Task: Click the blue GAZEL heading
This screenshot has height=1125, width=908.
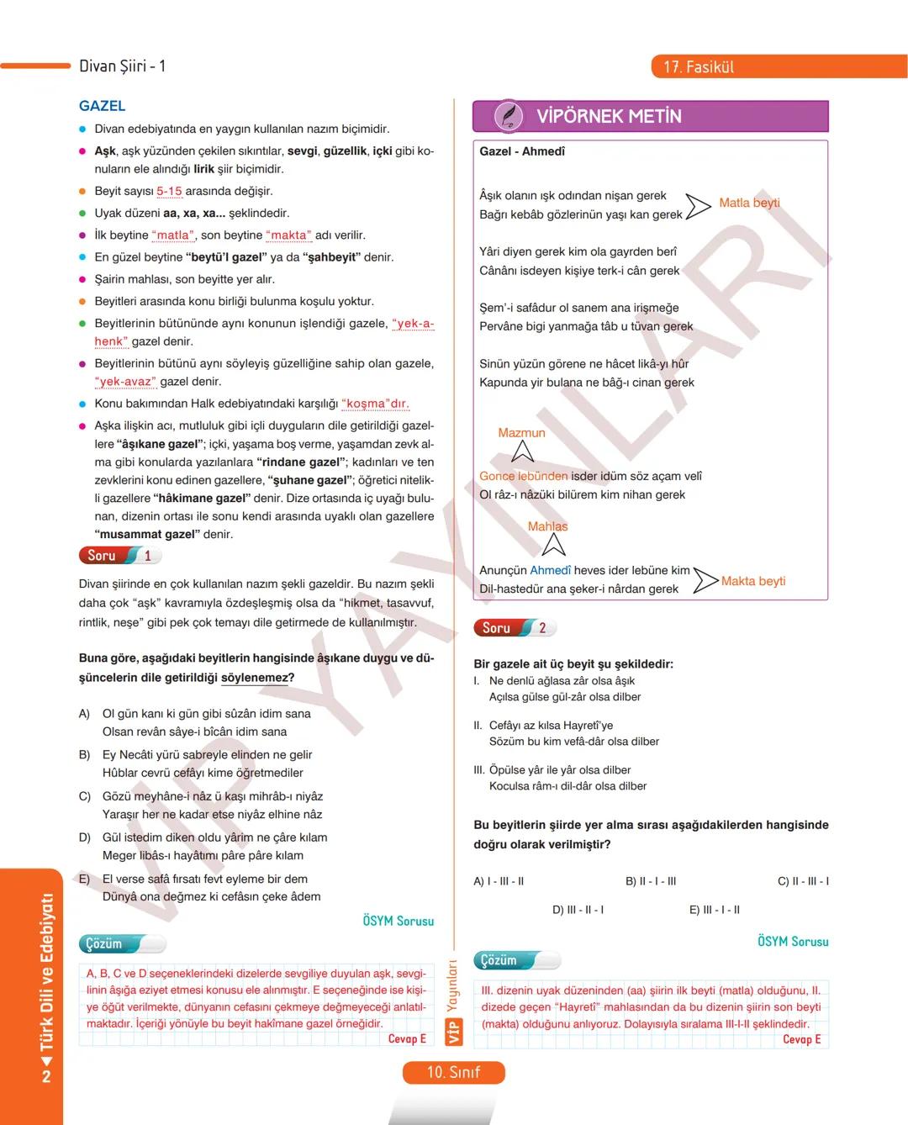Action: pyautogui.click(x=102, y=106)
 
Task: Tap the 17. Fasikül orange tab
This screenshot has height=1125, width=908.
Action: pyautogui.click(x=699, y=67)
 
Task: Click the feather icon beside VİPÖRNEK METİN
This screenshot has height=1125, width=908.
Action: pyautogui.click(x=507, y=116)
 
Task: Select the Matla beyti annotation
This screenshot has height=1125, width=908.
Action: pyautogui.click(x=749, y=203)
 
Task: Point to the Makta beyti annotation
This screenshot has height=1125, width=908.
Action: pyautogui.click(x=753, y=581)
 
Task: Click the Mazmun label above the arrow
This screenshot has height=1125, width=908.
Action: pyautogui.click(x=521, y=433)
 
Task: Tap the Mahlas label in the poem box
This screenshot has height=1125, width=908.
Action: pyautogui.click(x=547, y=526)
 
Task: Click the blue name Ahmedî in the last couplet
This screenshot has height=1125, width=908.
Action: pyautogui.click(x=550, y=570)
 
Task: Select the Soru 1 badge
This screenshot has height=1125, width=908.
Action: pyautogui.click(x=119, y=556)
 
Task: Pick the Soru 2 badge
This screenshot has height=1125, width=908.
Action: pyautogui.click(x=514, y=628)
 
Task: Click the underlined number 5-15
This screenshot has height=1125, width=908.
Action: pyautogui.click(x=169, y=192)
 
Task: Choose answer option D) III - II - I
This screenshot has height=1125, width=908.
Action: pyautogui.click(x=578, y=910)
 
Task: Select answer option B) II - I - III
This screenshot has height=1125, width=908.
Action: pyautogui.click(x=651, y=881)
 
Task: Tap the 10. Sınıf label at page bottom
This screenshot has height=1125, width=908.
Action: pyautogui.click(x=453, y=1072)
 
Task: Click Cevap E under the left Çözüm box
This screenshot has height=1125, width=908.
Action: pyautogui.click(x=407, y=1039)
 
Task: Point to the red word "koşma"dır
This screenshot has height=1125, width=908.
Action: pyautogui.click(x=375, y=404)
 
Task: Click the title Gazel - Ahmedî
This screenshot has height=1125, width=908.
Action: pyautogui.click(x=522, y=151)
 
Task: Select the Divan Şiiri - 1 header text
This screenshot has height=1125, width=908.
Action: pyautogui.click(x=122, y=66)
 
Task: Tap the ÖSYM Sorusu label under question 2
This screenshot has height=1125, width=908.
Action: pyautogui.click(x=792, y=942)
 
